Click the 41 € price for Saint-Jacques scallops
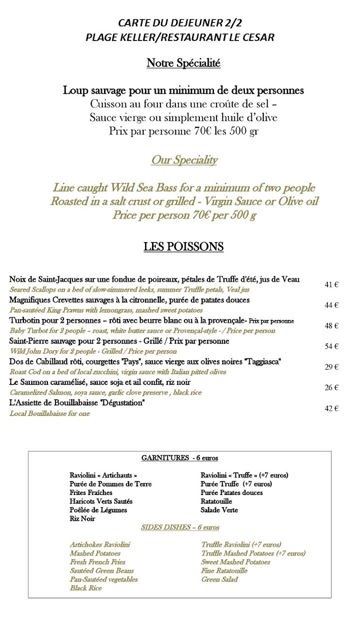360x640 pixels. click(332, 285)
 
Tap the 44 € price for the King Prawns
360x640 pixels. click(332, 305)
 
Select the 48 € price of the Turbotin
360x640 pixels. click(332, 326)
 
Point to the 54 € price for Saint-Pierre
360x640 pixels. click(332, 347)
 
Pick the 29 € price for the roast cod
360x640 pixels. click(332, 367)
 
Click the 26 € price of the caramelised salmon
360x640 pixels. click(332, 388)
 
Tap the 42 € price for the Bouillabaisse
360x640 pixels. click(332, 409)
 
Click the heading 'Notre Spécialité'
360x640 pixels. click(183, 63)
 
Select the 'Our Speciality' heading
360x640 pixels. click(184, 159)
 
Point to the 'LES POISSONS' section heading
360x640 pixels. click(183, 247)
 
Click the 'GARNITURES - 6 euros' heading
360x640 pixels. click(180, 458)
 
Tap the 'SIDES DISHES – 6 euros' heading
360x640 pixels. click(180, 527)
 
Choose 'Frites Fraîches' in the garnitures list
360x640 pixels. click(91, 493)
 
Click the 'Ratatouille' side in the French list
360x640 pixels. click(216, 501)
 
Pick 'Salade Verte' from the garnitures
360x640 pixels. click(219, 510)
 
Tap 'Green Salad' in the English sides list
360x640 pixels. click(219, 579)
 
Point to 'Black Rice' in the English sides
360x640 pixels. click(85, 588)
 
